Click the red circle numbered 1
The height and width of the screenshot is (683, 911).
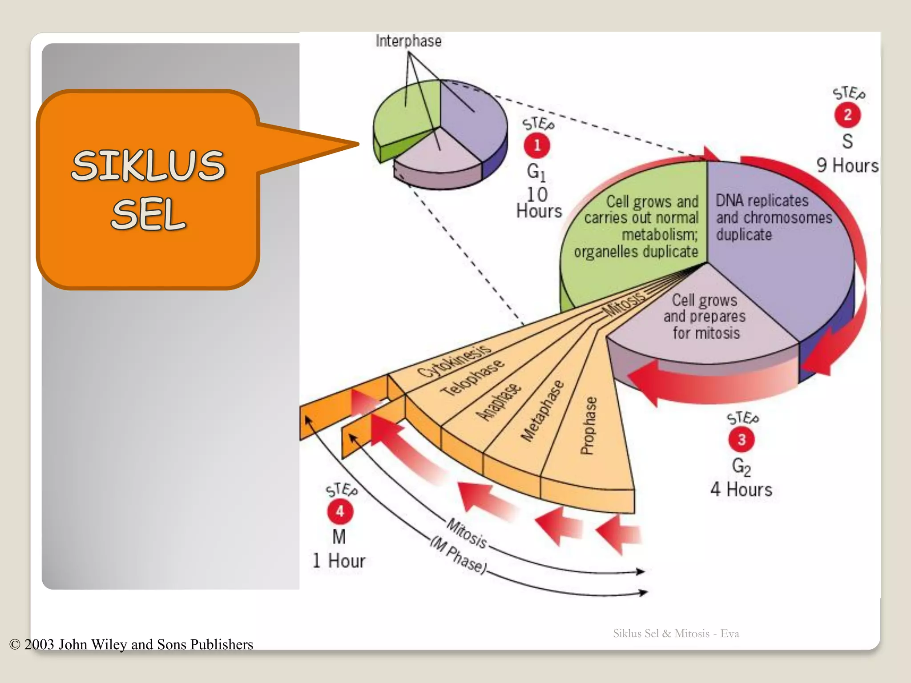(537, 145)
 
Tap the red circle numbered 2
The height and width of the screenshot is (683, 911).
(847, 115)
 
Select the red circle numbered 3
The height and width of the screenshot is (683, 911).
(741, 439)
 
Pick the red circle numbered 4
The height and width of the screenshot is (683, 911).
(340, 511)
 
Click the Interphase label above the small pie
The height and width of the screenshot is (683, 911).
(408, 41)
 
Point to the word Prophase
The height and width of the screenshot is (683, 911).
(588, 426)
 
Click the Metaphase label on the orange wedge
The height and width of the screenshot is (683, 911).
(542, 411)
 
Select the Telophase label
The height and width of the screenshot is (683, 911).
(472, 378)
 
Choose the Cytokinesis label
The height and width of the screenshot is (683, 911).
(454, 361)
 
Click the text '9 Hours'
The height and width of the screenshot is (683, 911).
(847, 165)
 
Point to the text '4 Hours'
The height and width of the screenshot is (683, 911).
(741, 489)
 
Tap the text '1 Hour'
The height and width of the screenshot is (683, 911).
(339, 561)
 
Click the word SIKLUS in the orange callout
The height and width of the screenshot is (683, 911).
(149, 165)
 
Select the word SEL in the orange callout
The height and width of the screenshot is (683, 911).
(149, 215)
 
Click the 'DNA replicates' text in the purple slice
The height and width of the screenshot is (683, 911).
(762, 201)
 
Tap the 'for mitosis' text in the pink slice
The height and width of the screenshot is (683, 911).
(706, 333)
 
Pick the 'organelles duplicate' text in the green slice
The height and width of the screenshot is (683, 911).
(636, 252)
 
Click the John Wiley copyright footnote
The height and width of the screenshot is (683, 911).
(131, 644)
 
